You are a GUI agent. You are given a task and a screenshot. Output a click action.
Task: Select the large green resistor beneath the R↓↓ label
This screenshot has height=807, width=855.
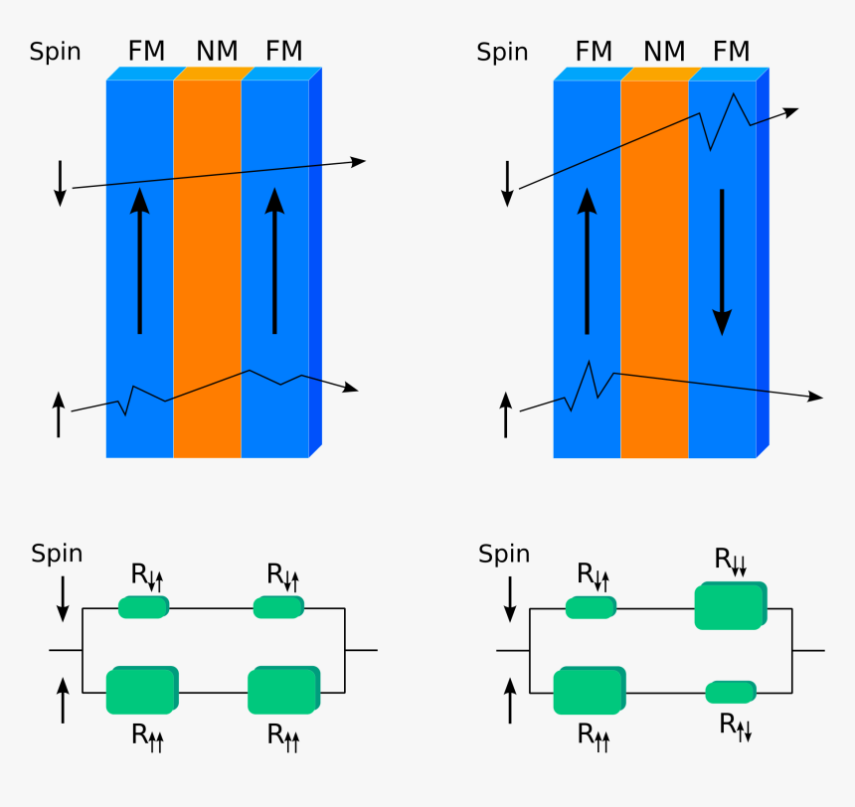730,606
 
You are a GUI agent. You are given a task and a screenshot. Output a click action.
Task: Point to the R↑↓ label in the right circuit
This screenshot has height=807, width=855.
736,726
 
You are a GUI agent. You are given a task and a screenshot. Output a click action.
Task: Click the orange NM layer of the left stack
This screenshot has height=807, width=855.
207,268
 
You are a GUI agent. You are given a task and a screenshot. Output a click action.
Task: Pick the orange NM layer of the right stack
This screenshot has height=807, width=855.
654,268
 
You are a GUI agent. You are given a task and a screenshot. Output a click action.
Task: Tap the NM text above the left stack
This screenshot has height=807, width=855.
215,51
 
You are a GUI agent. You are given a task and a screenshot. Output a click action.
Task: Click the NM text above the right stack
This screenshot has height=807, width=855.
663,51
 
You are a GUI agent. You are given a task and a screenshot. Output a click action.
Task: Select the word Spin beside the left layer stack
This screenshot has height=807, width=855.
56,52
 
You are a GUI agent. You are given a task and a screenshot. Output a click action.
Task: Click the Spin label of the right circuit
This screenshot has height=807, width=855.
503,555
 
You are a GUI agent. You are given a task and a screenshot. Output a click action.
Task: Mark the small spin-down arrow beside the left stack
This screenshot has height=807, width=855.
60,183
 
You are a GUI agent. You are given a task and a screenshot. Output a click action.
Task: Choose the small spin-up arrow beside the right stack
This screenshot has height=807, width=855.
506,414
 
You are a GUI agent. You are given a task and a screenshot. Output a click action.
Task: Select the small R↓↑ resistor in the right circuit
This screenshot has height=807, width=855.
591,606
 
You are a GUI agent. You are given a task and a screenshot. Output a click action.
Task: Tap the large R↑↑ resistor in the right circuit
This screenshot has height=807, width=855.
589,692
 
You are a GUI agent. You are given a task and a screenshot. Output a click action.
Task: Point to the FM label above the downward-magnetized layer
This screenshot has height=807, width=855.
732,51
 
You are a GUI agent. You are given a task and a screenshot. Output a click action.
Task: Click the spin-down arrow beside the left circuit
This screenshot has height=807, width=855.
63,598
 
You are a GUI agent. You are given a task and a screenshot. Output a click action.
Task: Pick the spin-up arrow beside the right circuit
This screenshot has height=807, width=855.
511,700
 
